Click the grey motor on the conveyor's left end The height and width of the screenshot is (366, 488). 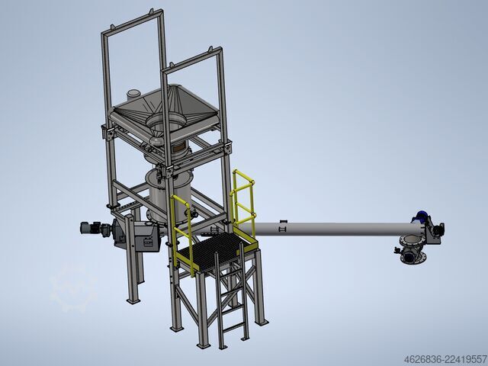tap(91, 229)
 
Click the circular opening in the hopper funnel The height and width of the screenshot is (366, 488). tap(165, 120)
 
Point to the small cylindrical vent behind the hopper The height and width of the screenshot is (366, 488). tap(133, 95)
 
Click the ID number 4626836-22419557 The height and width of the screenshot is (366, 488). tap(445, 359)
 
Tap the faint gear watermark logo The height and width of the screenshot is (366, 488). tap(74, 288)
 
